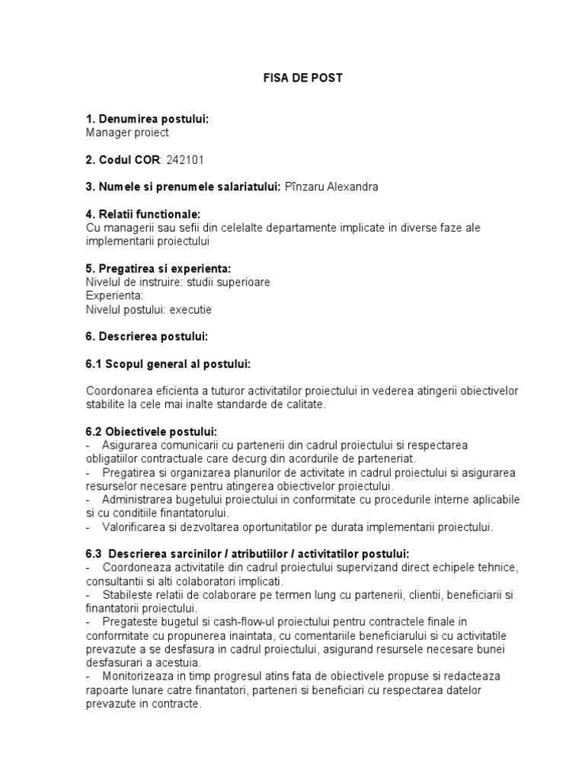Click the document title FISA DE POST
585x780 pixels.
click(292, 78)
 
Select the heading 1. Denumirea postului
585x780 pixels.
click(147, 120)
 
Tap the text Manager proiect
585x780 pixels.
click(127, 133)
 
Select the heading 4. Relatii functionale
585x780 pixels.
click(143, 214)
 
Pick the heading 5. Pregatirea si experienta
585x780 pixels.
click(158, 268)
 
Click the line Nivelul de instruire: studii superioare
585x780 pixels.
click(178, 282)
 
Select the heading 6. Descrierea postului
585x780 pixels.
click(147, 336)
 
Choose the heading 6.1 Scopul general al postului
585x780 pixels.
click(168, 363)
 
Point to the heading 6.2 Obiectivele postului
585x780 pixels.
click(152, 431)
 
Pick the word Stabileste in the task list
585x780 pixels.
click(129, 594)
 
